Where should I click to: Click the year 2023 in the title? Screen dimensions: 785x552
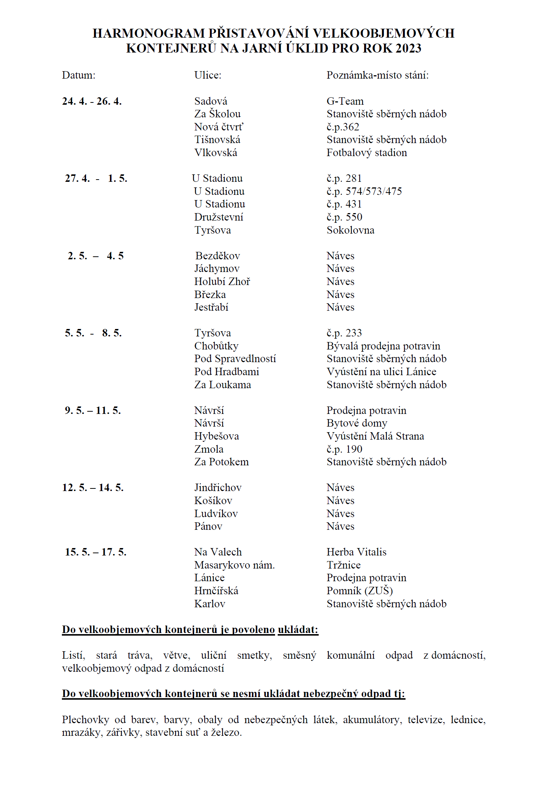coord(408,48)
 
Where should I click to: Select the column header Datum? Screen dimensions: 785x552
coord(79,75)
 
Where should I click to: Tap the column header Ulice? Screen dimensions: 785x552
coord(208,75)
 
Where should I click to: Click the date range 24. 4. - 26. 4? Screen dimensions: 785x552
coord(92,101)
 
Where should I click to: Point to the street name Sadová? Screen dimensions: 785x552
coord(211,101)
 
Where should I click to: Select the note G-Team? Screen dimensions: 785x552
coord(345,101)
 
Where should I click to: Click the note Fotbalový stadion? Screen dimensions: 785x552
coord(367,153)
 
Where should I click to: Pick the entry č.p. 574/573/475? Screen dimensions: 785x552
coord(364,191)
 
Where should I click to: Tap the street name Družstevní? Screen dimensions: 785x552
coord(219,217)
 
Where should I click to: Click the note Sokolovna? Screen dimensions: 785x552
coord(350,230)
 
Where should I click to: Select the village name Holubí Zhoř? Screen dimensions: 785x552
coord(222,282)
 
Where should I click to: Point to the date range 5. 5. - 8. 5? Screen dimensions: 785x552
coord(93,333)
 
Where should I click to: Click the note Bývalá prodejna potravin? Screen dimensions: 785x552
coord(383,346)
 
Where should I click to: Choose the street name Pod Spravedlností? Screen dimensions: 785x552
coord(235,359)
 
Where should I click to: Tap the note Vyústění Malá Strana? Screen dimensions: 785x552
coord(375,436)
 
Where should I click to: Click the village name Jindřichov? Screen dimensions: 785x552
coord(218,488)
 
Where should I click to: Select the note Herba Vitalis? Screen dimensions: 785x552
coord(356,552)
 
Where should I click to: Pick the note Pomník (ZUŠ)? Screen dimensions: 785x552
coord(360,591)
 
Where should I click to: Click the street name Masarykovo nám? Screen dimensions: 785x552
coord(234,565)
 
